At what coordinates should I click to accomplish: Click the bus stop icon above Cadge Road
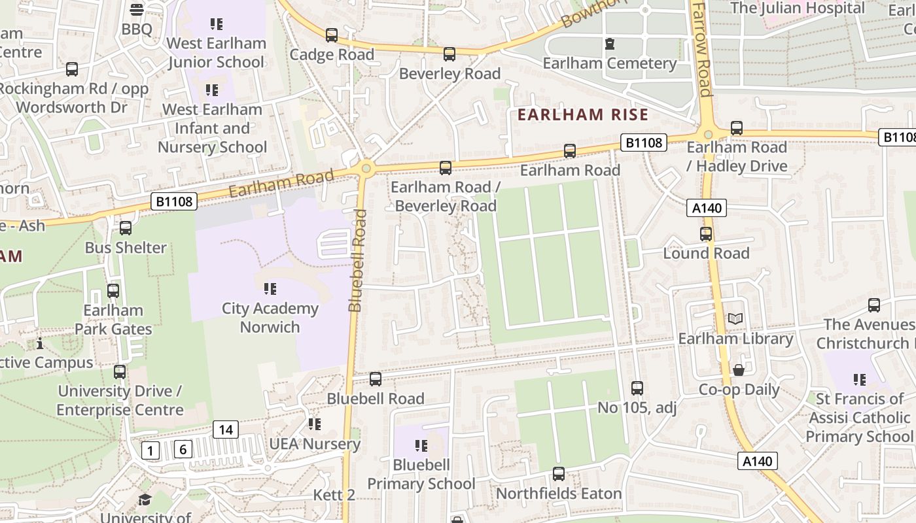pyautogui.click(x=332, y=35)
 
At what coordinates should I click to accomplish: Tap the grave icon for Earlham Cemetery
pyautogui.click(x=610, y=44)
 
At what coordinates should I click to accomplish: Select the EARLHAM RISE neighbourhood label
pyautogui.click(x=582, y=115)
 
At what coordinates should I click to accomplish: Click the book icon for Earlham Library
pyautogui.click(x=735, y=319)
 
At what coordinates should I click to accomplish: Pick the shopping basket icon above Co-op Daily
pyautogui.click(x=739, y=371)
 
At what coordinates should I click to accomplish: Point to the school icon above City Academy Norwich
pyautogui.click(x=270, y=288)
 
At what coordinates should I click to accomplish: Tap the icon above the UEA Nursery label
pyautogui.click(x=315, y=424)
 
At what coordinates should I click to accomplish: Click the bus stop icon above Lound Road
pyautogui.click(x=706, y=234)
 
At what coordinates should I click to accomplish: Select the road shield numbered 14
pyautogui.click(x=225, y=430)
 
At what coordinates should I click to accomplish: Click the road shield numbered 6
pyautogui.click(x=183, y=449)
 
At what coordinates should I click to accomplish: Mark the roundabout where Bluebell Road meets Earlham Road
pyautogui.click(x=366, y=169)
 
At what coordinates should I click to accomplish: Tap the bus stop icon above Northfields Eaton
pyautogui.click(x=559, y=474)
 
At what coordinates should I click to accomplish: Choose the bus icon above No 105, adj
pyautogui.click(x=637, y=388)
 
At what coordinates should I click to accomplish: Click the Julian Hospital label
pyautogui.click(x=797, y=8)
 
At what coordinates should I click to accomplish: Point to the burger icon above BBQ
pyautogui.click(x=137, y=9)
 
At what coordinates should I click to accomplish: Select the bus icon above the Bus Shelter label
pyautogui.click(x=126, y=228)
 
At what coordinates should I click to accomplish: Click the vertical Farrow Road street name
pyautogui.click(x=702, y=49)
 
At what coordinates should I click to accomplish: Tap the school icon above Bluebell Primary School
pyautogui.click(x=421, y=446)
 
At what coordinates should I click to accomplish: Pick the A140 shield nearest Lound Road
pyautogui.click(x=707, y=208)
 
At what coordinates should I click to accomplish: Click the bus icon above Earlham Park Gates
pyautogui.click(x=113, y=291)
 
